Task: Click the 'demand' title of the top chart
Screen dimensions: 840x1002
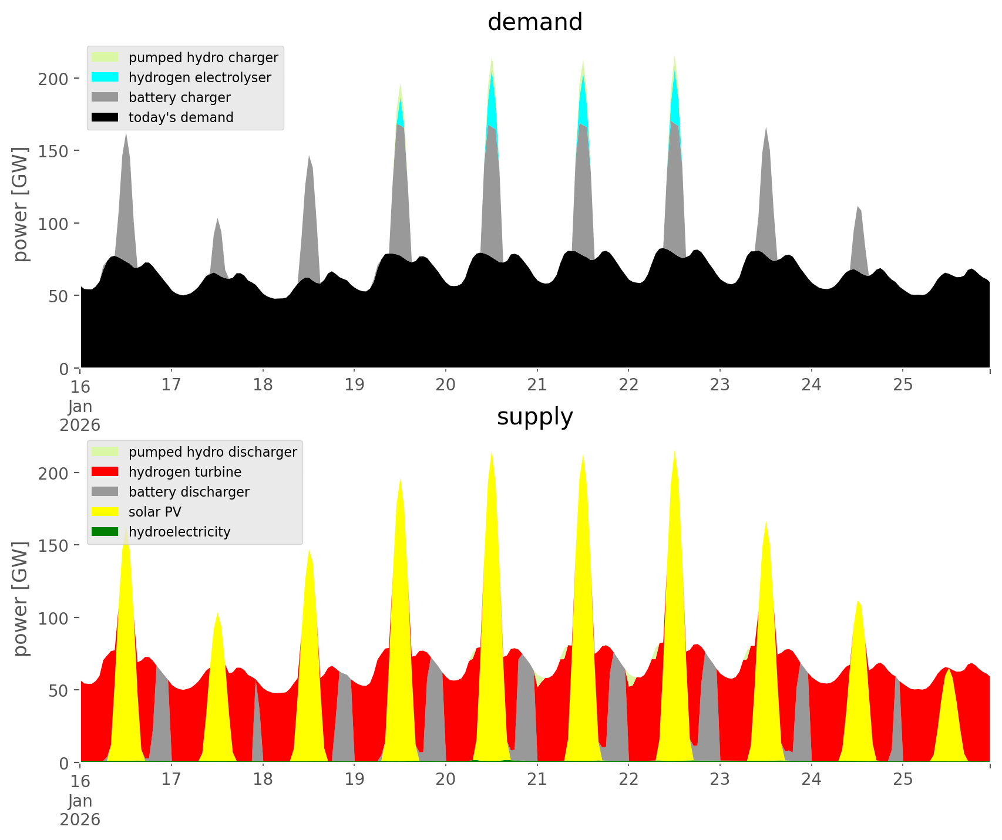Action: (x=534, y=22)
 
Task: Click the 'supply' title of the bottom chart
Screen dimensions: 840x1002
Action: (x=534, y=417)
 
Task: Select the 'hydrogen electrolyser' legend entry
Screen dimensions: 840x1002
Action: (x=200, y=77)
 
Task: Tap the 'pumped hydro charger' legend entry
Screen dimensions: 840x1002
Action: (x=203, y=58)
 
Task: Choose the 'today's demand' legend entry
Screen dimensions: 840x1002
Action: (x=181, y=117)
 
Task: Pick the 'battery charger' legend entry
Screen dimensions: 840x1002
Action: (x=179, y=97)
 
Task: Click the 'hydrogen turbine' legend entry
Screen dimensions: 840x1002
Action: (x=185, y=472)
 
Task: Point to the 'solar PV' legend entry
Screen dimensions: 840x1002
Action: (x=155, y=512)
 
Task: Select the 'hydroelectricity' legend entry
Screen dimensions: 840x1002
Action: (x=179, y=532)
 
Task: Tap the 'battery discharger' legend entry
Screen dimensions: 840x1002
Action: (x=189, y=492)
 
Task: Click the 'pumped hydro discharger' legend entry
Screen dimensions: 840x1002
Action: (x=213, y=452)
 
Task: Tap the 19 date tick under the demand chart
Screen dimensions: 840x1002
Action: (x=354, y=384)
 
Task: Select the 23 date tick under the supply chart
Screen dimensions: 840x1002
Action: (x=720, y=779)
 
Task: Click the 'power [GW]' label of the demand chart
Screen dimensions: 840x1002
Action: (x=21, y=204)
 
